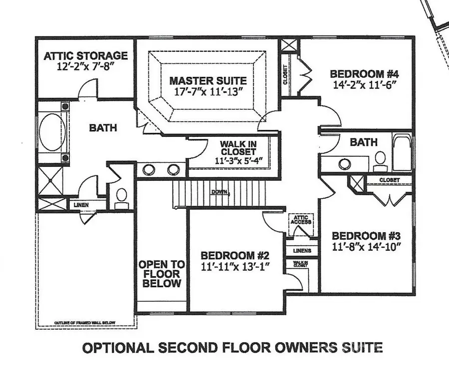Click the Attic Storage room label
coord(85,56)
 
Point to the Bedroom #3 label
coord(366,236)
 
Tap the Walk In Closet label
coord(238,148)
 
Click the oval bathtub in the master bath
coord(52,133)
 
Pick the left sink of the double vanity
coord(149,169)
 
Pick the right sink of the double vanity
coord(173,169)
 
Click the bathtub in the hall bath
coord(402,152)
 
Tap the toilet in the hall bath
coord(380,158)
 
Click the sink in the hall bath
coord(344,163)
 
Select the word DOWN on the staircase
coord(219,192)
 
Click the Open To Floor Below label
coord(161,274)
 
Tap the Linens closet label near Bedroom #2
coord(302,250)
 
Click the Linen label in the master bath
coord(82,205)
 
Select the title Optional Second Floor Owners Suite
coord(232,347)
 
